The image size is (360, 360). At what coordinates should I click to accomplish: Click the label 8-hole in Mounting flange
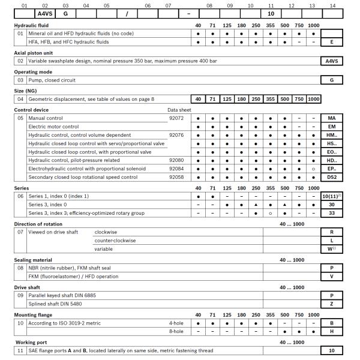[175, 332]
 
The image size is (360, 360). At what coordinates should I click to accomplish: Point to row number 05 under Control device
[20, 118]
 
